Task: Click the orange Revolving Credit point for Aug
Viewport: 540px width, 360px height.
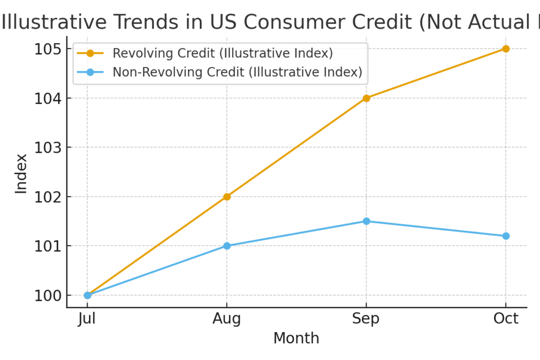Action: (x=227, y=197)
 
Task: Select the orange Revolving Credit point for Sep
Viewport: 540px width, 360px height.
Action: (x=367, y=98)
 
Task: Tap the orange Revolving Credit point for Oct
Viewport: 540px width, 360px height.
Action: (x=506, y=48)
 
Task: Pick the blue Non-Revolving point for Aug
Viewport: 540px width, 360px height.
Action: (x=227, y=246)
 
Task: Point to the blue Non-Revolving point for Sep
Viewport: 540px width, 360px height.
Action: (x=367, y=221)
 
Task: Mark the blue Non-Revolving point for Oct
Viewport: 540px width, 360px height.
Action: (x=506, y=236)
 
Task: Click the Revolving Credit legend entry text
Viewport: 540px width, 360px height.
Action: (x=223, y=53)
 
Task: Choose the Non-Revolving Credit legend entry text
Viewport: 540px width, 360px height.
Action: (x=237, y=72)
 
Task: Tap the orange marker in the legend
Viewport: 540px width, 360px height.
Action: (x=90, y=53)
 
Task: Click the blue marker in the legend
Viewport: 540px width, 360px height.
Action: (x=90, y=72)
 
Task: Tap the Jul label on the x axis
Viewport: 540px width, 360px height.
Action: (x=88, y=318)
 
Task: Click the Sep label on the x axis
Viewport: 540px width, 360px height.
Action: (x=367, y=318)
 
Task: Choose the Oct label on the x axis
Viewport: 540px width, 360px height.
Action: (x=506, y=318)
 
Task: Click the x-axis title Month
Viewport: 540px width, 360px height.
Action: (x=296, y=338)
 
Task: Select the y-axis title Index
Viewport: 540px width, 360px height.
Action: (x=21, y=173)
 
